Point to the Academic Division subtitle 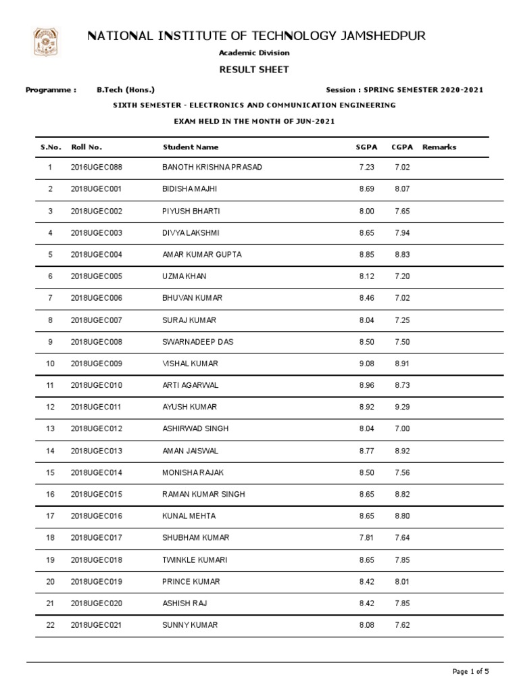click(x=259, y=53)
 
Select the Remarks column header click(x=439, y=147)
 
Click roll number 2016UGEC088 click(x=96, y=168)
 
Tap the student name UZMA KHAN click(x=185, y=276)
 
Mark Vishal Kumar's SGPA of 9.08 click(x=366, y=364)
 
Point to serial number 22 click(x=50, y=626)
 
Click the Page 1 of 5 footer click(x=470, y=671)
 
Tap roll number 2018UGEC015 click(x=96, y=495)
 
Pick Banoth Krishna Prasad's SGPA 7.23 click(x=366, y=168)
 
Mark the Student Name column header click(x=191, y=147)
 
